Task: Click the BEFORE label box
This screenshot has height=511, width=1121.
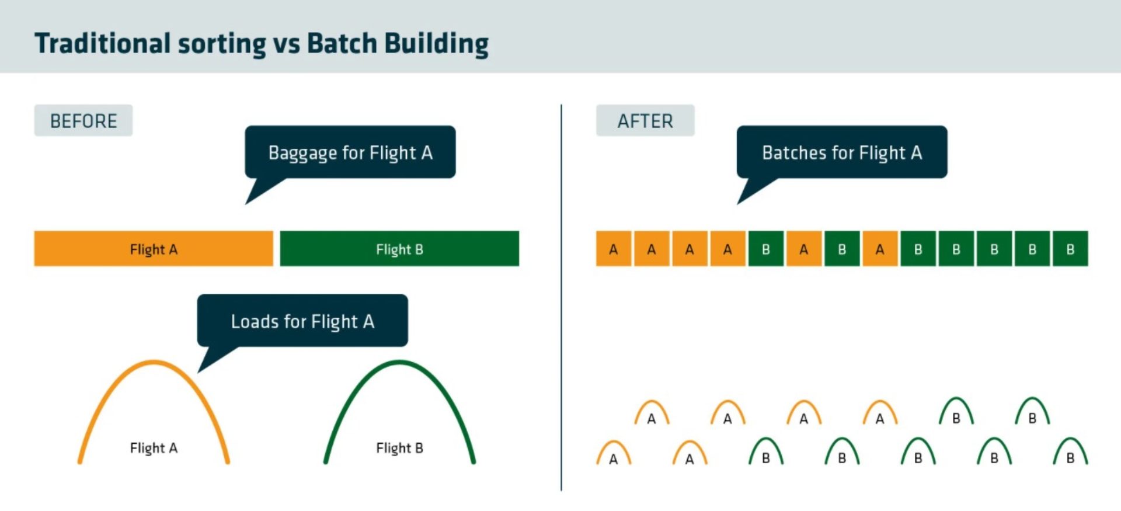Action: pos(83,121)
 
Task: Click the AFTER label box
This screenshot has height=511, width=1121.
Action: pos(645,121)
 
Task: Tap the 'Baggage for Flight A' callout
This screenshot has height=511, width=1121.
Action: pos(350,152)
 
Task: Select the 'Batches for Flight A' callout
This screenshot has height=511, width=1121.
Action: pos(842,152)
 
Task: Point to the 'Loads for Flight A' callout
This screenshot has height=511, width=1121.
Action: pos(302,321)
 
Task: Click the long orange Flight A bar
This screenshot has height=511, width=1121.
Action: pos(154,249)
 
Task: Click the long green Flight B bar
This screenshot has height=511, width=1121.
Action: pos(399,249)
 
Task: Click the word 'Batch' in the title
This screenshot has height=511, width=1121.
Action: pos(342,43)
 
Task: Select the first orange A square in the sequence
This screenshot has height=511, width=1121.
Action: pos(613,249)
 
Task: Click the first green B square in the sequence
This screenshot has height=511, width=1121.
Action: pos(765,249)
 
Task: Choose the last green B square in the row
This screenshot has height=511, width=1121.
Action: pos(1070,249)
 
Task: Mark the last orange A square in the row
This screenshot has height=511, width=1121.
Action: pos(880,249)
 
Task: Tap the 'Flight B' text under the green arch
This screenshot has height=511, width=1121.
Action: pos(399,448)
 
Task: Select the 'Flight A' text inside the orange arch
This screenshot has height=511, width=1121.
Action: pos(154,448)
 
